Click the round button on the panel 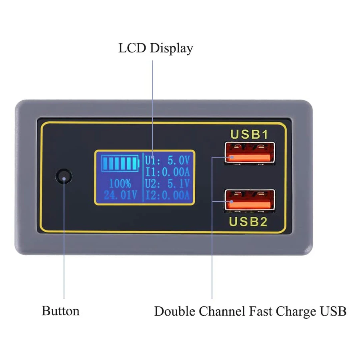pyautogui.click(x=64, y=176)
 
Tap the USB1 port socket pyautogui.click(x=250, y=153)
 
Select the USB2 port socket pyautogui.click(x=250, y=201)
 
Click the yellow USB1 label pyautogui.click(x=249, y=134)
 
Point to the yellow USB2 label pyautogui.click(x=248, y=221)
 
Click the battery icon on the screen pyautogui.click(x=120, y=163)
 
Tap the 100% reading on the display pyautogui.click(x=120, y=184)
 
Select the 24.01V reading pyautogui.click(x=120, y=196)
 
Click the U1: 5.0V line pyautogui.click(x=167, y=161)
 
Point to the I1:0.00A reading pyautogui.click(x=167, y=172)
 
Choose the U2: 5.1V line pyautogui.click(x=167, y=184)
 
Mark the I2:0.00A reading pyautogui.click(x=167, y=196)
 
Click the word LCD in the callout pyautogui.click(x=132, y=48)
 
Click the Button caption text pyautogui.click(x=60, y=311)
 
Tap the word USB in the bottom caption pyautogui.click(x=333, y=311)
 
